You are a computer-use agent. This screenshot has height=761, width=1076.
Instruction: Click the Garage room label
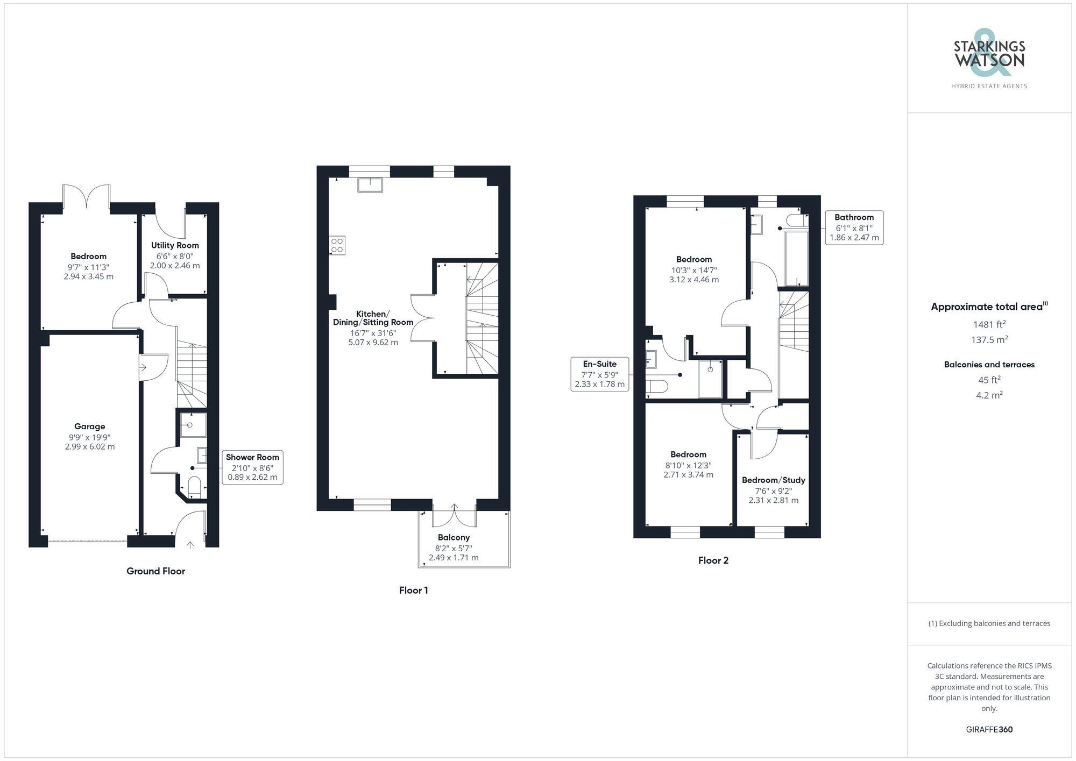pyautogui.click(x=89, y=426)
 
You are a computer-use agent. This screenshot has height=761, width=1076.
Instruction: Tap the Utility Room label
pyautogui.click(x=175, y=245)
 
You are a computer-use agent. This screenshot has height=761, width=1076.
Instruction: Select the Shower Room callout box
pyautogui.click(x=252, y=467)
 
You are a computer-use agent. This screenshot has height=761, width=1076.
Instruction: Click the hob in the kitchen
pyautogui.click(x=337, y=246)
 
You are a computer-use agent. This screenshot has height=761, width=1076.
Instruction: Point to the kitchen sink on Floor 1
pyautogui.click(x=370, y=184)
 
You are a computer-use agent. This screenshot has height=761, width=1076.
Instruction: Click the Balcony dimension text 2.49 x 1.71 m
pyautogui.click(x=454, y=558)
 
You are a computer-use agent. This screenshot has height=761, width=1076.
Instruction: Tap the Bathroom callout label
pyautogui.click(x=854, y=217)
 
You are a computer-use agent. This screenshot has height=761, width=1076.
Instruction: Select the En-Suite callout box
pyautogui.click(x=599, y=374)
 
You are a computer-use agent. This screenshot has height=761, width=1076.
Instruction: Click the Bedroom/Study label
pyautogui.click(x=773, y=480)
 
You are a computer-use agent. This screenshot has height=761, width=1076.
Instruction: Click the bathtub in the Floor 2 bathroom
pyautogui.click(x=797, y=259)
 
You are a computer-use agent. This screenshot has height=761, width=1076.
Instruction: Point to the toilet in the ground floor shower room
pyautogui.click(x=194, y=487)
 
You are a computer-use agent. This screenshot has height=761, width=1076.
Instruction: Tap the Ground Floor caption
pyautogui.click(x=155, y=571)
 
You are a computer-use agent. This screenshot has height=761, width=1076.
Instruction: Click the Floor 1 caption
pyautogui.click(x=413, y=590)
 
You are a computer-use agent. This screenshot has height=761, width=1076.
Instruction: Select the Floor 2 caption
pyautogui.click(x=713, y=560)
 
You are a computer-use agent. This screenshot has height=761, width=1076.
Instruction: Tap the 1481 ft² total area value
pyautogui.click(x=989, y=324)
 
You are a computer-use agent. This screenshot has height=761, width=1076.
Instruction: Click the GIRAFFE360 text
pyautogui.click(x=989, y=729)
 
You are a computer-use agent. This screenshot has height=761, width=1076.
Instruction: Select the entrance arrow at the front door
pyautogui.click(x=190, y=545)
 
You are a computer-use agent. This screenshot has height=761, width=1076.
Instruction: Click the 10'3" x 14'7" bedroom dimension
pyautogui.click(x=693, y=271)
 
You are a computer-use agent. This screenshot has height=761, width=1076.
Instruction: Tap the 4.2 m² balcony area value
pyautogui.click(x=989, y=395)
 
